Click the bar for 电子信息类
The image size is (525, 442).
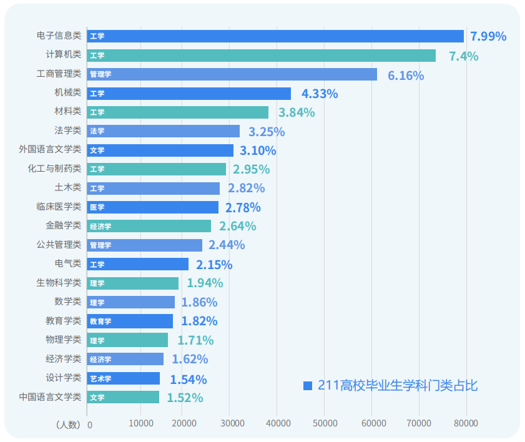[275, 36]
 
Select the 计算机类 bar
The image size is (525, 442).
[261, 56]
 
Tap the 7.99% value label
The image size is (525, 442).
[488, 36]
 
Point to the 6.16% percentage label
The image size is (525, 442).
[406, 76]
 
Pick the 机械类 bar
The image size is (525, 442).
[189, 94]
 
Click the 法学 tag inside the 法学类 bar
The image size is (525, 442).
[97, 131]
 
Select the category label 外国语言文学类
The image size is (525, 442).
[50, 150]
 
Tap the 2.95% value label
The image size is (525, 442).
[251, 169]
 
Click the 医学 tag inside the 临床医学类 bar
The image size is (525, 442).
[97, 207]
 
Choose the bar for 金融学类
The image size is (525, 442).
[149, 226]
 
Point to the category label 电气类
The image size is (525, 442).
[68, 264]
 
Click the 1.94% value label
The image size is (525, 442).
[205, 283]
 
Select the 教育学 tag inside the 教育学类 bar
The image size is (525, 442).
[100, 322]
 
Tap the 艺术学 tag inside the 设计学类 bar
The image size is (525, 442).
[100, 378]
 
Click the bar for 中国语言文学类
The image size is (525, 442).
[123, 397]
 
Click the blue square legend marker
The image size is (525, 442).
[307, 386]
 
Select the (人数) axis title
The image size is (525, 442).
[68, 425]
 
